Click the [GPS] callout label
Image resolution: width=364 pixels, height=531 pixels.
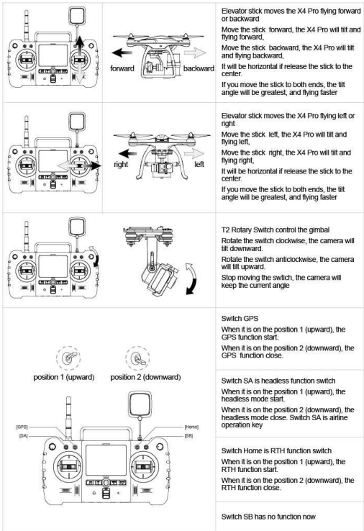point(22,427)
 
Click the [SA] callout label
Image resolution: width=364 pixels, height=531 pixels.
point(23,435)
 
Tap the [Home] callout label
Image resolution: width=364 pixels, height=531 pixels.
point(191,427)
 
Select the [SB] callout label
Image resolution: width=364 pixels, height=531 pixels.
point(188,435)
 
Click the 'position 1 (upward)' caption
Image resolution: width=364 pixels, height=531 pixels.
point(64,377)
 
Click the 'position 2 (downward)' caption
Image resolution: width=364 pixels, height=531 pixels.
point(145,377)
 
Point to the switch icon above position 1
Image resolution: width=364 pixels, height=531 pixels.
point(68,358)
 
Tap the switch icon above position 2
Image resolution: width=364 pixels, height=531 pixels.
point(137,358)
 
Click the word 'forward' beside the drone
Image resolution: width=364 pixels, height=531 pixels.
point(122,68)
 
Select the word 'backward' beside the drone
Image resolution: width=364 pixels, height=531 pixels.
point(199,68)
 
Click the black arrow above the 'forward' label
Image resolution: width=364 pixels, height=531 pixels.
point(122,53)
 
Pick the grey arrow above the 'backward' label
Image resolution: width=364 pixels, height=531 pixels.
point(195,53)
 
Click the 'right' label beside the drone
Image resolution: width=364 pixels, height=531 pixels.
point(121,165)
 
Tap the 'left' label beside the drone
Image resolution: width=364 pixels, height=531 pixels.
point(199,164)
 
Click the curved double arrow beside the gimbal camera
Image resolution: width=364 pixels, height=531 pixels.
point(192,278)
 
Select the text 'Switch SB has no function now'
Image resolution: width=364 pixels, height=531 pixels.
point(268,517)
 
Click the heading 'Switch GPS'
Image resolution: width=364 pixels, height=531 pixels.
point(240,318)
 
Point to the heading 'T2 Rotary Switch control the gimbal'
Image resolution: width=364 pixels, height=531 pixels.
point(276,230)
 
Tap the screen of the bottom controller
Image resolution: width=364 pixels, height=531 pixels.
point(106,460)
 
